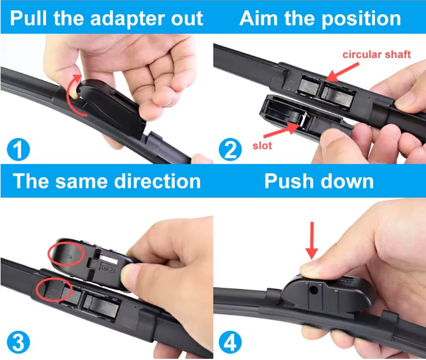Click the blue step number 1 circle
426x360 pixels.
point(18,149)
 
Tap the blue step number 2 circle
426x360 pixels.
point(230,149)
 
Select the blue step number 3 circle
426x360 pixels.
point(18,342)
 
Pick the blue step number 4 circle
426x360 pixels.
point(230,342)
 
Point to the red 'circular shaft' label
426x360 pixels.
point(376,54)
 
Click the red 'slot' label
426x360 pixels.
point(262,146)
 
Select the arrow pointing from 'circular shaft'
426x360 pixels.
point(342,72)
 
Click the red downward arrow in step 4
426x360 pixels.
point(312,240)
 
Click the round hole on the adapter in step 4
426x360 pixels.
point(314,290)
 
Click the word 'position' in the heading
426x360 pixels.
point(362,20)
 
